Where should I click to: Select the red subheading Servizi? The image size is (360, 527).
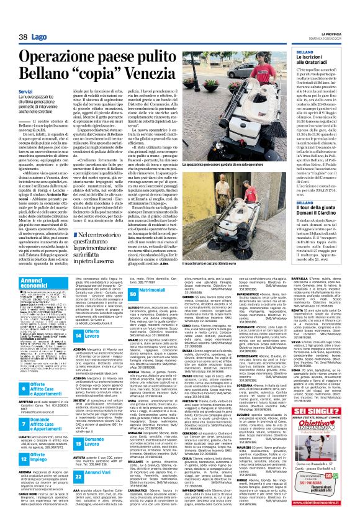(x=25, y=92)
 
